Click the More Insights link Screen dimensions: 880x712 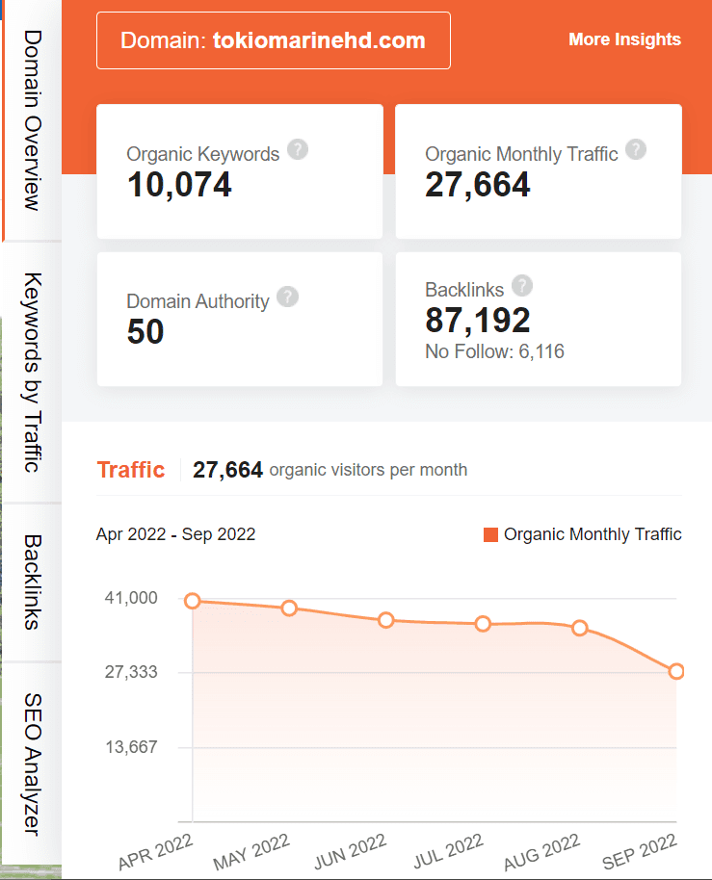click(x=624, y=39)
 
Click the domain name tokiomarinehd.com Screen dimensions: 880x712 click(x=319, y=40)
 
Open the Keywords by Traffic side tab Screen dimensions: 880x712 click(x=32, y=373)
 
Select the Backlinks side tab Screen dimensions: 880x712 click(x=32, y=582)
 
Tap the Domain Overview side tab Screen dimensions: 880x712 click(x=32, y=119)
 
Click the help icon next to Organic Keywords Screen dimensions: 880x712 click(x=298, y=150)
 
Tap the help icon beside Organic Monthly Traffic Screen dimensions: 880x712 click(x=636, y=150)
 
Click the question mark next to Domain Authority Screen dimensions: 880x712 click(x=287, y=298)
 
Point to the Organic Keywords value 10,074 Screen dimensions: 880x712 click(x=179, y=184)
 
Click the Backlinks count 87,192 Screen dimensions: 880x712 click(x=477, y=320)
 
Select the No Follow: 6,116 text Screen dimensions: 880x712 click(x=494, y=351)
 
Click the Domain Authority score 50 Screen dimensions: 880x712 click(x=145, y=332)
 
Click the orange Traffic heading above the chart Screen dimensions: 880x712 click(x=131, y=470)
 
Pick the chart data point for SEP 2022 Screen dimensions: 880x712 click(x=676, y=671)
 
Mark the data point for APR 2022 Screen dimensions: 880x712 click(x=193, y=601)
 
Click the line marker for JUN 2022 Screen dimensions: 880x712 click(x=386, y=620)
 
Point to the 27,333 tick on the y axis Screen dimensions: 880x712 click(x=130, y=672)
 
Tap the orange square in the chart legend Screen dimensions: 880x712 click(x=490, y=534)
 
